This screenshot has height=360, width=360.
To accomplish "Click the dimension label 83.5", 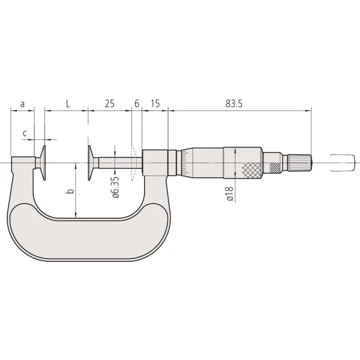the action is coord(234,104).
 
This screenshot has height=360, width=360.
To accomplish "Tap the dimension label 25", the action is coord(109,104).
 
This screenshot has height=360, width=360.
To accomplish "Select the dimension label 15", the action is coord(155,104).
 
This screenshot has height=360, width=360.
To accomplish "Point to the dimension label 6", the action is coord(137,104).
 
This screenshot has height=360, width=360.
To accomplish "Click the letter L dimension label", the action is coord(68,104).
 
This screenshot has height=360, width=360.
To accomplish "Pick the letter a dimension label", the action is coord(22,104).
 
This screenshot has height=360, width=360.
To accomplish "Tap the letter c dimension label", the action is coord(25,133).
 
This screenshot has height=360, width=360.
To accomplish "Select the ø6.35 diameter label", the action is coord(116,187).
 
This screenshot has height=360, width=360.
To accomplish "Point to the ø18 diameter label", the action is coord(230,194).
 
